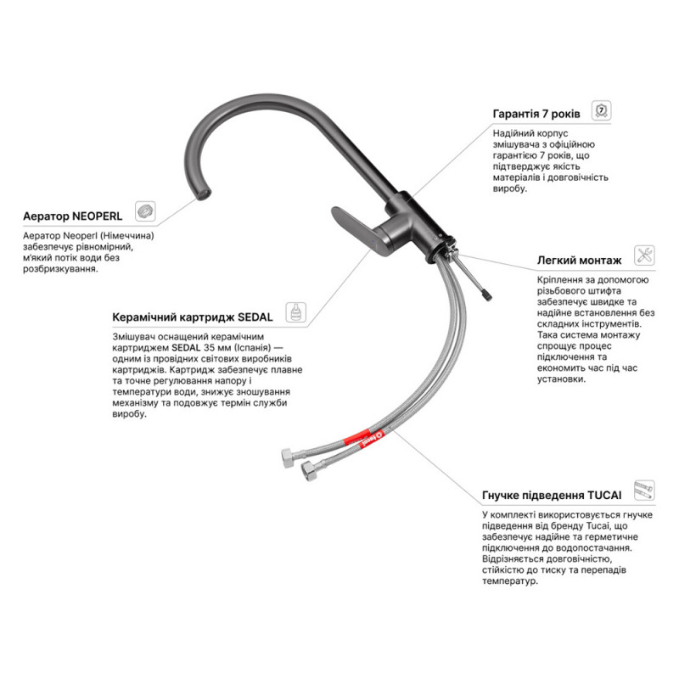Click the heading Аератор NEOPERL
pos(72,216)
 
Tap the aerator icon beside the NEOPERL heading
pos(145,211)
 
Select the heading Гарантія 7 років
pos(536,114)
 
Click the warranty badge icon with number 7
pos(601,110)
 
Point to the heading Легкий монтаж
pos(579,261)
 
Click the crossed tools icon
pos(644,255)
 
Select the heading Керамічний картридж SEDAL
pos(193,317)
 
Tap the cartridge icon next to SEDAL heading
pos(295,312)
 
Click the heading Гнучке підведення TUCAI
pos(551,495)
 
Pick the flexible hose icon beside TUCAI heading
pos(644,491)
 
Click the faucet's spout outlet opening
pos(203,194)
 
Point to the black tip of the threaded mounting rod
pos(486,295)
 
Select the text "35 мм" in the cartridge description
pos(215,348)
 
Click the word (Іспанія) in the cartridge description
pos(250,348)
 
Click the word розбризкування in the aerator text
pos(60,269)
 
